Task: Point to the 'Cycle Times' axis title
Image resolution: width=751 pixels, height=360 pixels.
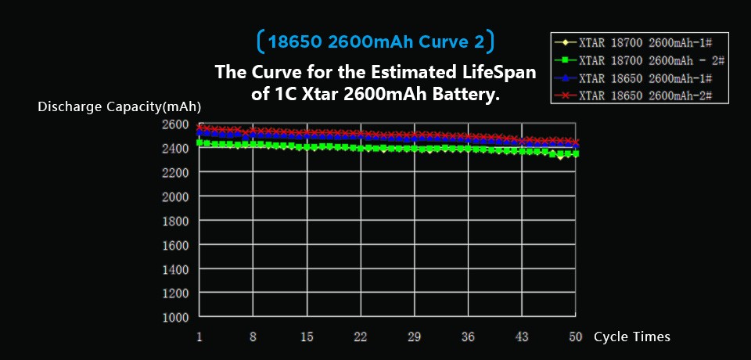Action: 632,337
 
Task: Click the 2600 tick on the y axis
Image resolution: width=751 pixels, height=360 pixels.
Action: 175,124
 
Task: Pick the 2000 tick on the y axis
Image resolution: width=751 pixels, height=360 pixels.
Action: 175,196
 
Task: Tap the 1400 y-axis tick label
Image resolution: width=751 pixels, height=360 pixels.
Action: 175,269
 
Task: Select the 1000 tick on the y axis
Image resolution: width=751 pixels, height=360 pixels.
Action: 175,317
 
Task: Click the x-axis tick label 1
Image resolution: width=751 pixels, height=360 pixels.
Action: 199,337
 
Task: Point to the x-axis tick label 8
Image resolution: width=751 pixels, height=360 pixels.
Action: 253,337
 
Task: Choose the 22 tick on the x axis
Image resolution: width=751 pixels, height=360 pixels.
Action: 361,337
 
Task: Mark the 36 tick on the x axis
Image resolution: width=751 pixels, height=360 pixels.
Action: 468,337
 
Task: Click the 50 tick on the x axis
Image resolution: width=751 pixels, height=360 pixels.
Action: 576,337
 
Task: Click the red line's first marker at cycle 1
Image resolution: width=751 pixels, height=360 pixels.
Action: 200,127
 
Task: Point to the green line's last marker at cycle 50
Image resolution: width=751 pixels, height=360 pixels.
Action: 576,153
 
